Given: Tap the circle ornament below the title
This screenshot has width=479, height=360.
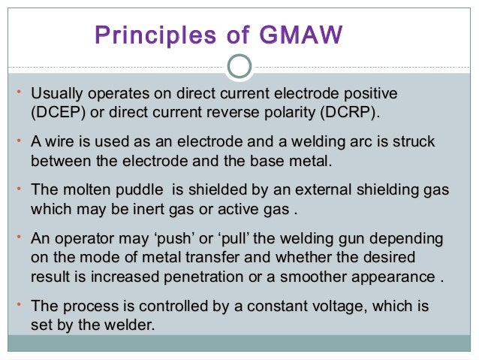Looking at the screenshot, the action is pos(239,67).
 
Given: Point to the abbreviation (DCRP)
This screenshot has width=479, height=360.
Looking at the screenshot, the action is pos(348,114).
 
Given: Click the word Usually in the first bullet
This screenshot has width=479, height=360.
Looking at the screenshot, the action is pos(56,95).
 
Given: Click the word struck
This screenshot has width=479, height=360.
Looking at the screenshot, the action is pos(415,142).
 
